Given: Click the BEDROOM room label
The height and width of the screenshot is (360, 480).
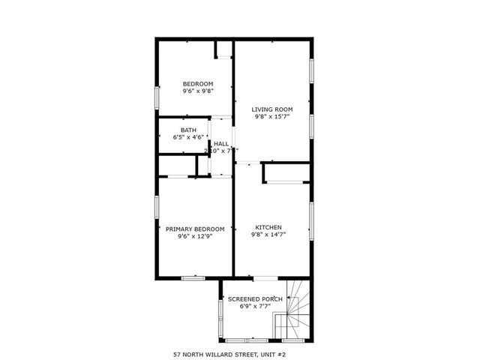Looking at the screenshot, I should [198, 83].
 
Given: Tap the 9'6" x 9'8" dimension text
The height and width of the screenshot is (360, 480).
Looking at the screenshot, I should [198, 91].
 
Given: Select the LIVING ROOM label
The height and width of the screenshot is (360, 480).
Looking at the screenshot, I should [271, 109].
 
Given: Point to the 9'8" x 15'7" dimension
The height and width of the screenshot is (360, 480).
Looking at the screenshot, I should [271, 117].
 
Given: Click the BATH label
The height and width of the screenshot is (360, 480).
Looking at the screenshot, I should [188, 130].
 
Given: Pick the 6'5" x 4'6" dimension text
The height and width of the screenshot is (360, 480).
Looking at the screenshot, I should [188, 137].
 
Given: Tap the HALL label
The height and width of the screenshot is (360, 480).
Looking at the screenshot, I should [221, 143].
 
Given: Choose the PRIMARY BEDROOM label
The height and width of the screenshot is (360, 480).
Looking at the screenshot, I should [195, 229].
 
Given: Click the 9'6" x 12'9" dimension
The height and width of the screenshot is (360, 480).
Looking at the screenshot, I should [195, 236].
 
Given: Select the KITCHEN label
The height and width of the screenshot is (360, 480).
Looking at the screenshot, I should [268, 227].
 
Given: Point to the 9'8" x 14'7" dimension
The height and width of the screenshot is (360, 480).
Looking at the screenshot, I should [268, 235].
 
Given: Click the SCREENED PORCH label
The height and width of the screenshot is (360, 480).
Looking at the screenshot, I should [255, 299].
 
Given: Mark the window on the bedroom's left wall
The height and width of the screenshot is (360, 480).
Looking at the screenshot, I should [157, 97].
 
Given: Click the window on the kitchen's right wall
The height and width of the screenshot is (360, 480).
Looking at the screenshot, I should [311, 221].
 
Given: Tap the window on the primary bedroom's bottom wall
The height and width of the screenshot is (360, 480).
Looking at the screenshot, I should [193, 278].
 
